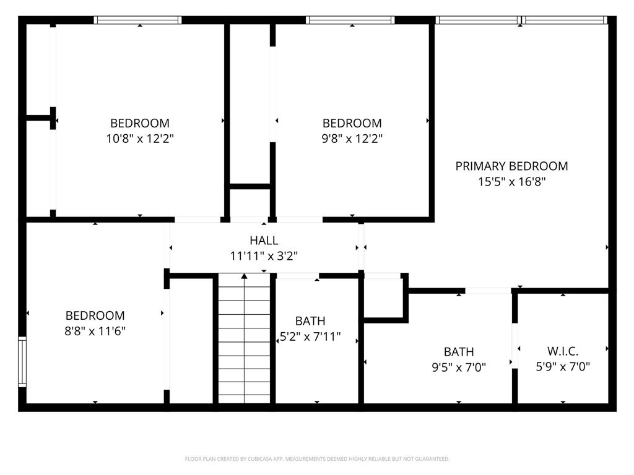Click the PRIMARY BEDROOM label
511,166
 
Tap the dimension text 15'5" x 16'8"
511,182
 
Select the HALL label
264,240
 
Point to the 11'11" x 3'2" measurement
264,255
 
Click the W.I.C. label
563,351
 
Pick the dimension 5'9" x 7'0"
563,366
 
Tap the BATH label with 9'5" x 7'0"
459,352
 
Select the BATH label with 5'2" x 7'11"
310,321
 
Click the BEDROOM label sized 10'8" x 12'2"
140,123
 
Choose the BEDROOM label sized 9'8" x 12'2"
352,123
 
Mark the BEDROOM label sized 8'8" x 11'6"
95,315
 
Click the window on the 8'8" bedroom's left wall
22,362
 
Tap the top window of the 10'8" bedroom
137,20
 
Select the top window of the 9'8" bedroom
350,20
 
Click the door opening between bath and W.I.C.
515,345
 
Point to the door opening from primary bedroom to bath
488,290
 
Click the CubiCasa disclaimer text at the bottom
317,459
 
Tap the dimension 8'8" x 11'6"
95,331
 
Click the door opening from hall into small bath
297,275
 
